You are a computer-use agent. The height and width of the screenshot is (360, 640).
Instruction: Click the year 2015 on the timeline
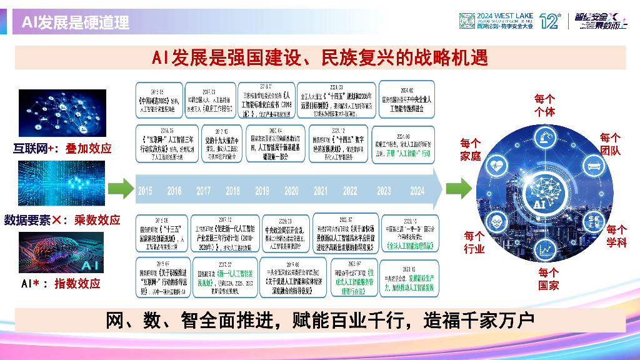[145, 191]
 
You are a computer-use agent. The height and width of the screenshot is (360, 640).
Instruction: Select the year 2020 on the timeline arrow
[291, 191]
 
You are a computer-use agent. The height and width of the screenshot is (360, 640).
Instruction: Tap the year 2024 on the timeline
[417, 191]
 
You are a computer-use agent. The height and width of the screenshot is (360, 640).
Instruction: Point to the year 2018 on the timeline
[232, 191]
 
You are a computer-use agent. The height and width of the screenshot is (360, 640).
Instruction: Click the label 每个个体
[544, 105]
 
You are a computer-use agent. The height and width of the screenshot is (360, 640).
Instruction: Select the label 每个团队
[610, 144]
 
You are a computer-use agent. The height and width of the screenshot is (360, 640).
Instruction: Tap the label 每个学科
[616, 236]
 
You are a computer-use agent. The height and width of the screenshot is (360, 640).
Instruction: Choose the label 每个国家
[548, 279]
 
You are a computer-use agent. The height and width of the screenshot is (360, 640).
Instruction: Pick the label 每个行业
[474, 242]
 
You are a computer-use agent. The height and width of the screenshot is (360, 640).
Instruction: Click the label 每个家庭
[470, 149]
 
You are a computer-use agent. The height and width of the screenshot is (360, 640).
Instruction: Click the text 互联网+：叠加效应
[62, 148]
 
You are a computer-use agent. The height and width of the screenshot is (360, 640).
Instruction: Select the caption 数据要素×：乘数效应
[62, 220]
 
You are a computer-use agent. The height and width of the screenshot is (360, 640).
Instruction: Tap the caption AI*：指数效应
[61, 283]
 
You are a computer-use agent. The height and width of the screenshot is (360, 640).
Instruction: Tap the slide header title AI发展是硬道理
[76, 23]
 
